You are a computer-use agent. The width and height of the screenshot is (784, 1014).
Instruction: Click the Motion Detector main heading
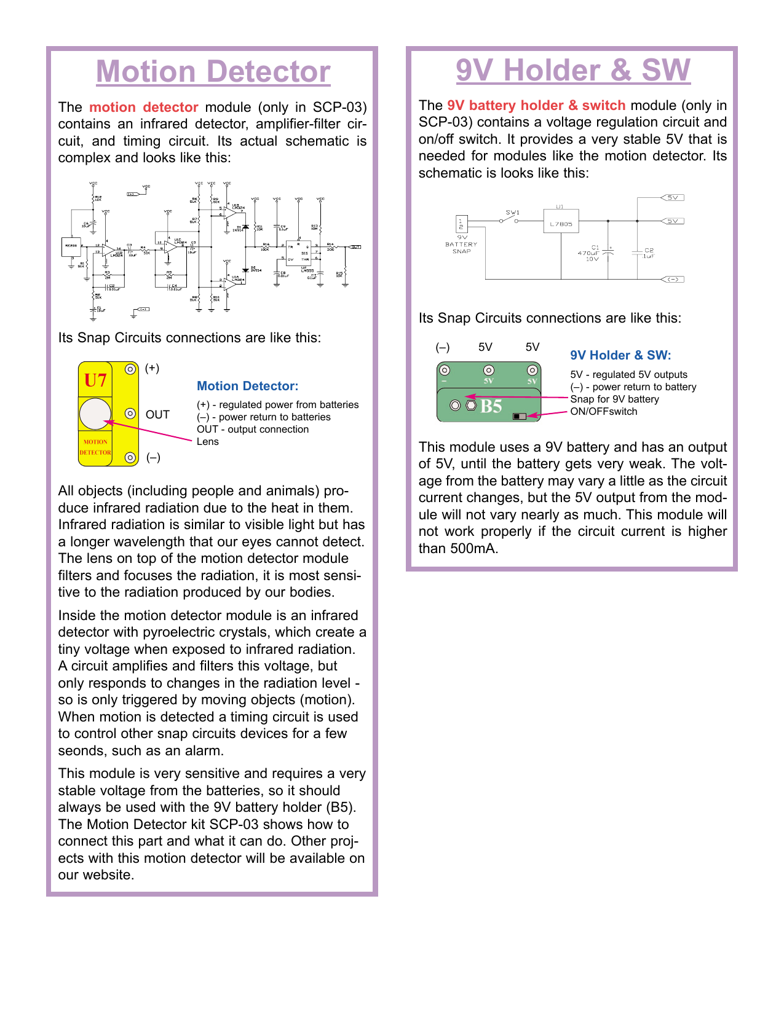(213, 71)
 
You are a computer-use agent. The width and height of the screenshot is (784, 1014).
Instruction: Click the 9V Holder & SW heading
(572, 70)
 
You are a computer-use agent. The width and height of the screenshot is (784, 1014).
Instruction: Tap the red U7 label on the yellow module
(96, 380)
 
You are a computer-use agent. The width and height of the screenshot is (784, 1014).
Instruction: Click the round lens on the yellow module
(95, 414)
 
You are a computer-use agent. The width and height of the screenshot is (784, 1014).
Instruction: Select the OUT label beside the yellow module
(157, 415)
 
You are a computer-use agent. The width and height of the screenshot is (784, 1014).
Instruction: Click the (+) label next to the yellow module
(152, 368)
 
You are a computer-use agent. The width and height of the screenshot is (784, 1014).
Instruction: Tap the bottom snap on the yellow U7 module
(130, 457)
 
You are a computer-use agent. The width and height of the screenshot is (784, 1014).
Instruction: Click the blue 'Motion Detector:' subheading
(247, 386)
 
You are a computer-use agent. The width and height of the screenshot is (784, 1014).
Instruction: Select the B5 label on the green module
(491, 406)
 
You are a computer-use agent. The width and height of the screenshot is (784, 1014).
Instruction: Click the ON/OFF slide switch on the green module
(520, 416)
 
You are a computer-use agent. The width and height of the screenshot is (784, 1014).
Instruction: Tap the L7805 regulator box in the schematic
(561, 224)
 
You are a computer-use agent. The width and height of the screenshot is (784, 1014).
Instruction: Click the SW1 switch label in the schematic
(512, 213)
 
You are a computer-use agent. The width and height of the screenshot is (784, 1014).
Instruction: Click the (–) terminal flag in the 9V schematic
(673, 279)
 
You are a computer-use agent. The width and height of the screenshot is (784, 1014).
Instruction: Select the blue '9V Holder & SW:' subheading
(620, 355)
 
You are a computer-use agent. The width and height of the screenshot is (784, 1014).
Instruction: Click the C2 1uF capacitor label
(649, 253)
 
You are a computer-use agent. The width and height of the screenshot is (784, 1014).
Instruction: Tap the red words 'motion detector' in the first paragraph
(144, 108)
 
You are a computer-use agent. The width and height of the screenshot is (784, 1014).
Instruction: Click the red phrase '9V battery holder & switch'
(536, 106)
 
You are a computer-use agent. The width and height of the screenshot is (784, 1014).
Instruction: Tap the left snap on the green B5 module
(445, 370)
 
